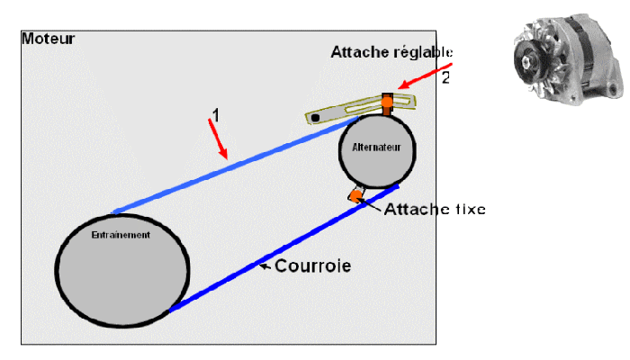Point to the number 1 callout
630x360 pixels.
tap(215, 114)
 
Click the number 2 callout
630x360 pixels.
tap(445, 77)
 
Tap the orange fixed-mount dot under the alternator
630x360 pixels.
tap(357, 195)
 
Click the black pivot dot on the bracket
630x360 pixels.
tap(316, 117)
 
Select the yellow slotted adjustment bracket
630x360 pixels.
tap(360, 107)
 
